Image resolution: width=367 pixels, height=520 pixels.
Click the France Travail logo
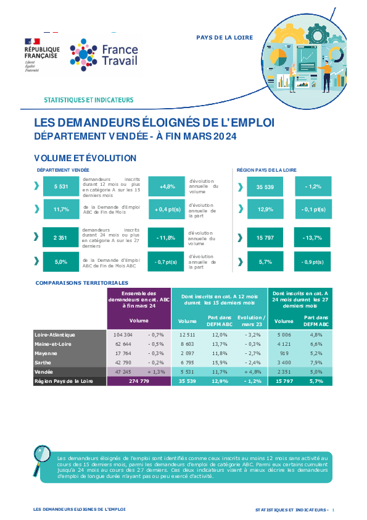coord(104,55)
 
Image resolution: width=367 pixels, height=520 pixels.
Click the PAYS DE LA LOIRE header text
coord(225,38)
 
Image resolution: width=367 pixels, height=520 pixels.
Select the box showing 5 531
coord(61,187)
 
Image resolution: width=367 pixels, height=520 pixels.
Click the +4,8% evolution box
coord(167,187)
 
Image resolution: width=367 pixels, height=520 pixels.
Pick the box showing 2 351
coord(60,237)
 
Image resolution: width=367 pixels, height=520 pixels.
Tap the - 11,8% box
coord(166,237)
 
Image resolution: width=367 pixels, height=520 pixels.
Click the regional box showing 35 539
coord(265,187)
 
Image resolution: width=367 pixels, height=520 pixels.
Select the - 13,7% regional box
coord(312,237)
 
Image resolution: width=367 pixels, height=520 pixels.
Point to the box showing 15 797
coord(265,237)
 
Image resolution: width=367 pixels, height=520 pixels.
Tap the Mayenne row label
coord(46,353)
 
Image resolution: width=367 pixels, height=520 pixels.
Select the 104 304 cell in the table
coord(123,335)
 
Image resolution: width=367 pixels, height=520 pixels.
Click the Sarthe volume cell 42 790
coord(123,363)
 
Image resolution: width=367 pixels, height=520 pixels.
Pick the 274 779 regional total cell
coord(139,381)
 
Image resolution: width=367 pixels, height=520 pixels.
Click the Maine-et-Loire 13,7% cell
coord(220,344)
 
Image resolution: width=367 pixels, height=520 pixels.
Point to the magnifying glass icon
coord(41,460)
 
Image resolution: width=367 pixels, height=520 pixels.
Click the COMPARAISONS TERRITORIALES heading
coord(82,283)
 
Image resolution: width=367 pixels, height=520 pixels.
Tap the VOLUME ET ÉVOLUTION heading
coord(85,158)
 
